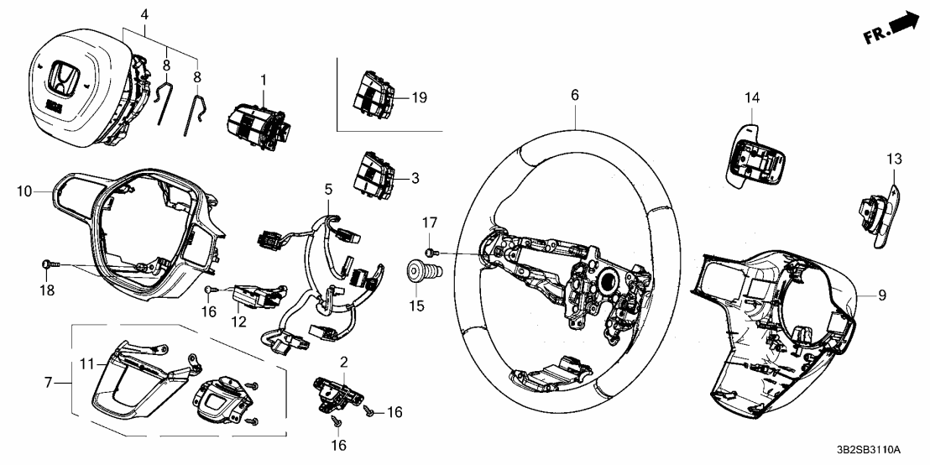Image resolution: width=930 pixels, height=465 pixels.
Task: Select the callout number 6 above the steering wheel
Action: pos(575,97)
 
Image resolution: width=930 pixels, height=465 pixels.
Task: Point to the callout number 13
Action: pos(892,158)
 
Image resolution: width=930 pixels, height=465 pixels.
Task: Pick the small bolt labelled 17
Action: pos(429,252)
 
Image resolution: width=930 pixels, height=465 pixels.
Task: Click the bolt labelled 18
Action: pos(47,265)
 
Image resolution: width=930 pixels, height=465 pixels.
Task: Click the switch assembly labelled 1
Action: pos(258,126)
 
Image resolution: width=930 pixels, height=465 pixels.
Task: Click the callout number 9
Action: pos(881,295)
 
